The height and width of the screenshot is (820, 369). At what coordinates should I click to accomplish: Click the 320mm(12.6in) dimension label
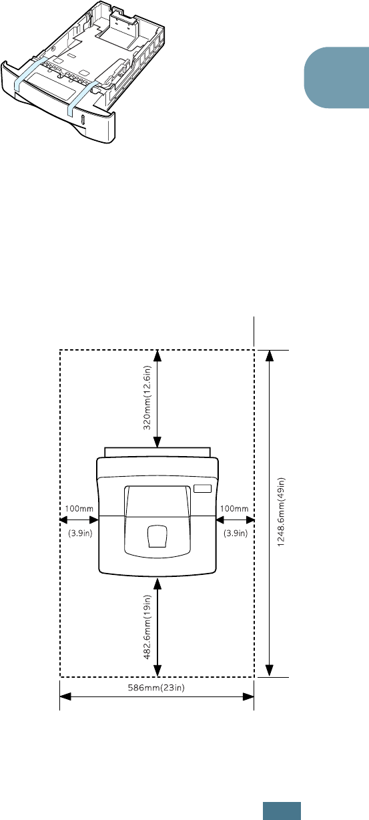[147, 397]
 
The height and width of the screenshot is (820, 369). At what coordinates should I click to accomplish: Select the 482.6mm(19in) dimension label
[147, 627]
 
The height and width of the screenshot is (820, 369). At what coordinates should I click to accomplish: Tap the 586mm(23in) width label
[156, 688]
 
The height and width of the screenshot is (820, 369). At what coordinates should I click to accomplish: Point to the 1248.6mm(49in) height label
[281, 512]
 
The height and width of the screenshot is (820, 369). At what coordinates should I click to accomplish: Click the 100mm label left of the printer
[79, 508]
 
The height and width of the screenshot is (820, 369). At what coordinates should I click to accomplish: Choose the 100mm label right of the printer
[234, 508]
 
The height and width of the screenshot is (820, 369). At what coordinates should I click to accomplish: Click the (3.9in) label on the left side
[80, 533]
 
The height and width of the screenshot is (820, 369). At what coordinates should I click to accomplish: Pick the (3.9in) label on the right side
[236, 533]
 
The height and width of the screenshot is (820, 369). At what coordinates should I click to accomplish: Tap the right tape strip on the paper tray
[82, 97]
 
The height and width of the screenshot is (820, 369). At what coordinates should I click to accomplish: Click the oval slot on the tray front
[83, 120]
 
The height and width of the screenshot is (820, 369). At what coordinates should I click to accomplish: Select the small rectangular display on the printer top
[203, 489]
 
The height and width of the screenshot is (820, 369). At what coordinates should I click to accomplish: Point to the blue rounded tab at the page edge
[336, 77]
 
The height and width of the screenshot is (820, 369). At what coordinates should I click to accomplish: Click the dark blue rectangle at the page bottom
[282, 811]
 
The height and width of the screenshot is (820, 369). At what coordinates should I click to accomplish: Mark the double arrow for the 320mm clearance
[157, 398]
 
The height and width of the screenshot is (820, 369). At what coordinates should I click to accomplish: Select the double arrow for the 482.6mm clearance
[157, 627]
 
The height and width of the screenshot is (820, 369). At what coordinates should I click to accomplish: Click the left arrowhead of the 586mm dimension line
[65, 696]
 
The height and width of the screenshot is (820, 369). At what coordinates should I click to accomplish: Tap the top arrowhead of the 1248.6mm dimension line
[270, 355]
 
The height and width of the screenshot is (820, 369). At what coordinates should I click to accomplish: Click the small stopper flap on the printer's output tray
[157, 537]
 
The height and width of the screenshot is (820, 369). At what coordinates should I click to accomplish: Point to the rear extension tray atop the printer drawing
[157, 452]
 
